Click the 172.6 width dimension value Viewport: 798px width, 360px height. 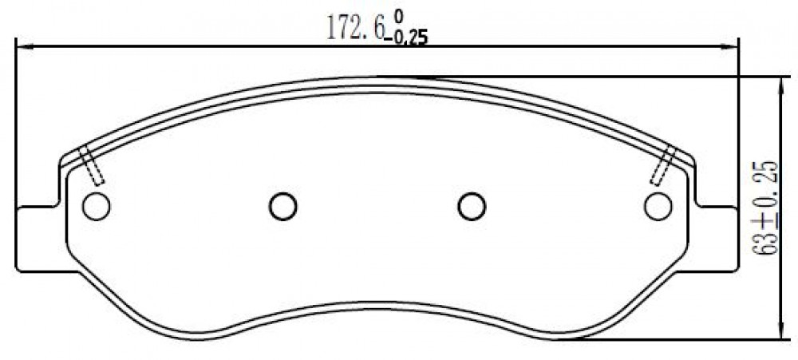(x=355, y=29)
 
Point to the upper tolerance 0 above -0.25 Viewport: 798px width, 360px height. (x=398, y=17)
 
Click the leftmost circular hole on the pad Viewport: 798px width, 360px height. (x=97, y=206)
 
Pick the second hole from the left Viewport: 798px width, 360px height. (x=283, y=206)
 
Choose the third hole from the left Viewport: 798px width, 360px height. (x=472, y=206)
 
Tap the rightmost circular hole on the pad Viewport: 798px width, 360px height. (x=658, y=206)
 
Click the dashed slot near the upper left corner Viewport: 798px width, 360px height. (x=92, y=164)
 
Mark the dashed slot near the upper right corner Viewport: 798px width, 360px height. (x=662, y=165)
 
